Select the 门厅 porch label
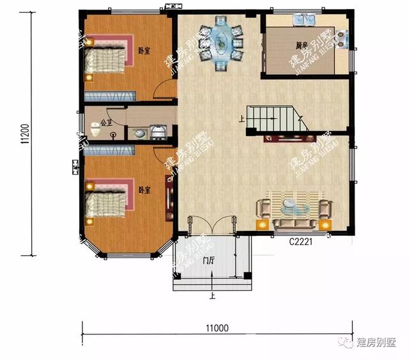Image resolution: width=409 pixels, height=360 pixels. coord(208,260)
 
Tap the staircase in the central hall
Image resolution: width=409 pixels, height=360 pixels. coord(275,120)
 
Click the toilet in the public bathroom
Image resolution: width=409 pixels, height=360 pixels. coord(95,131)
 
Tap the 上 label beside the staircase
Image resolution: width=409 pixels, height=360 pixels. coord(242,118)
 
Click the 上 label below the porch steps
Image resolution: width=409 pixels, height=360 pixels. coord(212,296)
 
